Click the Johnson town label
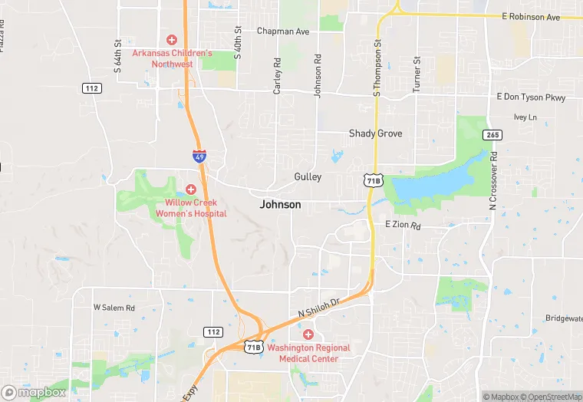(x=280, y=205)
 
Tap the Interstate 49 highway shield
(x=199, y=157)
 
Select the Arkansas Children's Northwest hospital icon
(x=172, y=39)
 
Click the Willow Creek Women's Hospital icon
(x=190, y=189)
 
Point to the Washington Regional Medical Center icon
(x=308, y=334)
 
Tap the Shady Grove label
(x=375, y=133)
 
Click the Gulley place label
(x=308, y=177)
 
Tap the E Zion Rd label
(x=403, y=226)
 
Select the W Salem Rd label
(x=114, y=307)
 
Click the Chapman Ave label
(x=283, y=31)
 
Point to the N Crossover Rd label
(x=493, y=182)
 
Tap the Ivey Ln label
(x=525, y=117)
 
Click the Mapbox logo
(x=34, y=392)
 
